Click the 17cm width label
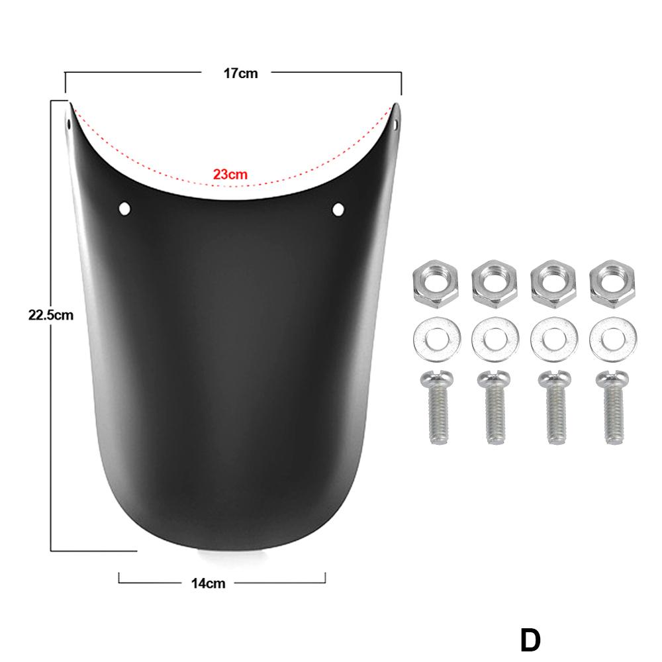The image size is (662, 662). pos(240,73)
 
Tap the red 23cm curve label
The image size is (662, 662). pos(230,175)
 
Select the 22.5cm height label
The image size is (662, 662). pos(50,314)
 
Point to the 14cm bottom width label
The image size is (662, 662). pos(207,583)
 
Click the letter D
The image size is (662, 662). pos(530,641)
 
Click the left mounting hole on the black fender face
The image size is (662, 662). pos(124,209)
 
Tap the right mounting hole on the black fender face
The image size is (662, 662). pos(338,210)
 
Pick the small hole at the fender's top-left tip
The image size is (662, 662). pos(68,123)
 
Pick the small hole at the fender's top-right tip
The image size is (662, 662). pos(396,123)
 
